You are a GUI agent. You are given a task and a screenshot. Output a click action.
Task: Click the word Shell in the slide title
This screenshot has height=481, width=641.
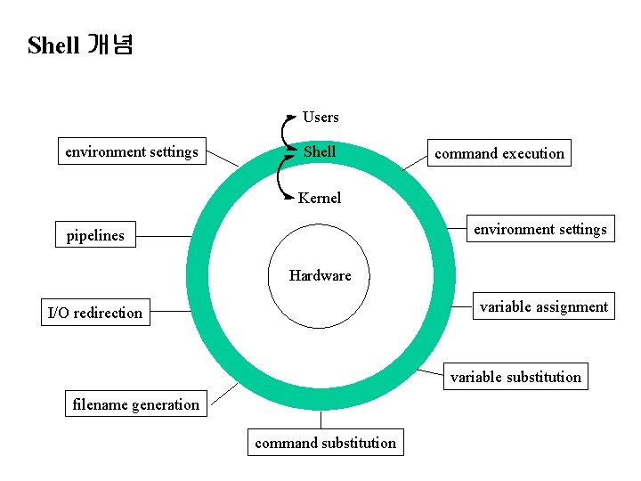point(53,45)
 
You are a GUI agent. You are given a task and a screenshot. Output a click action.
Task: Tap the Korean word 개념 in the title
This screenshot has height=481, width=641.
point(110,45)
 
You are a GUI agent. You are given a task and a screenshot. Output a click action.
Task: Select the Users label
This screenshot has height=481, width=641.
point(320,117)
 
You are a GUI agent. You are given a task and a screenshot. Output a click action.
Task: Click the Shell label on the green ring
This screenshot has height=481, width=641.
point(320,151)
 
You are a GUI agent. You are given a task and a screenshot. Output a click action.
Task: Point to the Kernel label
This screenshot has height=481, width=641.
point(320,198)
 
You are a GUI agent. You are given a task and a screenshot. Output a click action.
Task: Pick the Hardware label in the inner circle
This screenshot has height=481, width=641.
point(320,275)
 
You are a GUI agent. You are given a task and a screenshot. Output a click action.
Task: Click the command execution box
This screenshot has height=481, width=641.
point(499,153)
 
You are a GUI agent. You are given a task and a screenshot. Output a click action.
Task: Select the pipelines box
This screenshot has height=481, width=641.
point(95,236)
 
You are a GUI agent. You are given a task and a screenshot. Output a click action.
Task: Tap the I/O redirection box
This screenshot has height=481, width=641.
point(95,313)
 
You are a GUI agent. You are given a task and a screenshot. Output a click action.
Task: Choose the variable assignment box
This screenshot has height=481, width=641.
point(543,307)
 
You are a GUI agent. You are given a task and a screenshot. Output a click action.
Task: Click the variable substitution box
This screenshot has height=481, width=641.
point(515,377)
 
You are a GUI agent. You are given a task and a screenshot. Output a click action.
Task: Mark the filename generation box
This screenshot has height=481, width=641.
point(136,404)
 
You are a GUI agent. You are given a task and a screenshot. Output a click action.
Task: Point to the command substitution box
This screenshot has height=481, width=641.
point(325,443)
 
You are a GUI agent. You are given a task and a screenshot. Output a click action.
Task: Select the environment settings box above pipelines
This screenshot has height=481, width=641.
point(132,151)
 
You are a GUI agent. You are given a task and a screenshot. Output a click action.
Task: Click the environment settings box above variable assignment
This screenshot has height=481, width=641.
point(540,229)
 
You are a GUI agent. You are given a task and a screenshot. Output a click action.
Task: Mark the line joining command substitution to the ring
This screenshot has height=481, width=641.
point(321,420)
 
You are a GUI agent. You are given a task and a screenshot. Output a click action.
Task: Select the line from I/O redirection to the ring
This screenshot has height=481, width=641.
point(169,312)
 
